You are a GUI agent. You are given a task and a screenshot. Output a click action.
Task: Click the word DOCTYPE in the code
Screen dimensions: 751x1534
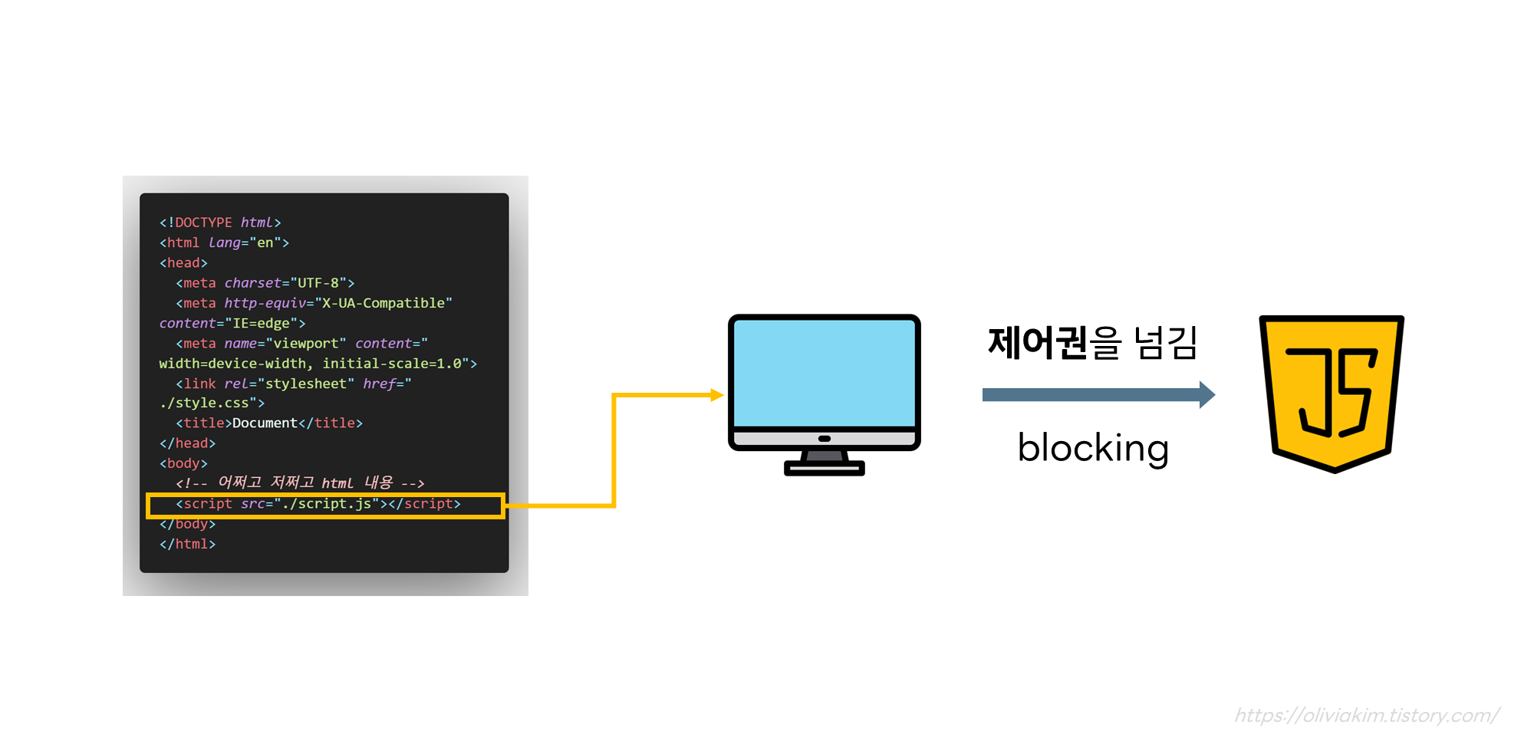[x=203, y=222]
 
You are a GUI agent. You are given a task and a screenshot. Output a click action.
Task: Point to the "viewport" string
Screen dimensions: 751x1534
[x=305, y=344]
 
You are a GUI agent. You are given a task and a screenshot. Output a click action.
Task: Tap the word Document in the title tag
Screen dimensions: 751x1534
[x=265, y=423]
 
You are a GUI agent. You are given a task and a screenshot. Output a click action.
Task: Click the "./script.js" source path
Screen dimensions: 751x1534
[x=327, y=504]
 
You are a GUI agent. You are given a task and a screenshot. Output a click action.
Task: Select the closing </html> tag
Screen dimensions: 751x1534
[x=187, y=544]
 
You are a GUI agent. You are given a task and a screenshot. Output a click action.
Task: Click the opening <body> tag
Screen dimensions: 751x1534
[x=183, y=463]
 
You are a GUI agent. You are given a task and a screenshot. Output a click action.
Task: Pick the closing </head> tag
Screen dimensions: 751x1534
[x=187, y=443]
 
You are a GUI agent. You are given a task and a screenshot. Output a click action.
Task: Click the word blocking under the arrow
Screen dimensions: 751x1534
[x=1093, y=448]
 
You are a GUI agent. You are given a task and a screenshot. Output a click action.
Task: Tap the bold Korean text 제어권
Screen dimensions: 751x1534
[x=1038, y=343]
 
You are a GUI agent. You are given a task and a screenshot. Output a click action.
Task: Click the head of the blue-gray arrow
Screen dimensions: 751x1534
[x=1206, y=395]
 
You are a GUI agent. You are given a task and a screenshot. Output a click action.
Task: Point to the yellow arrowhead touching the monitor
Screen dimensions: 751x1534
[x=717, y=395]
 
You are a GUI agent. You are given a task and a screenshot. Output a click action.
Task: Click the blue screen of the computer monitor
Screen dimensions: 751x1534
[x=825, y=372]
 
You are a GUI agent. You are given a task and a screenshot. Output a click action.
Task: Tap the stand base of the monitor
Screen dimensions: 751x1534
[x=825, y=467]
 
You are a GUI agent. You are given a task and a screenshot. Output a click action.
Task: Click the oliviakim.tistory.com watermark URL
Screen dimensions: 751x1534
[x=1367, y=716]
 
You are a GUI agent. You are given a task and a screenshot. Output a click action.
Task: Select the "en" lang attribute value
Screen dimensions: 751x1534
[x=265, y=243]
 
